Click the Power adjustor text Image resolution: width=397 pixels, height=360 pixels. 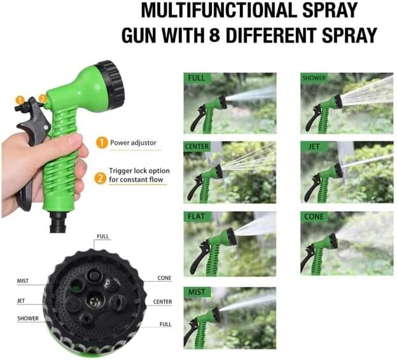point(133,143)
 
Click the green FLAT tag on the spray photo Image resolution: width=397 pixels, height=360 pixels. point(196,216)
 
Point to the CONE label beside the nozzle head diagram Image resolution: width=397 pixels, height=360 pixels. point(164,279)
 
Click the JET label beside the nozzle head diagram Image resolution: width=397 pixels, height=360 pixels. point(21,301)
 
